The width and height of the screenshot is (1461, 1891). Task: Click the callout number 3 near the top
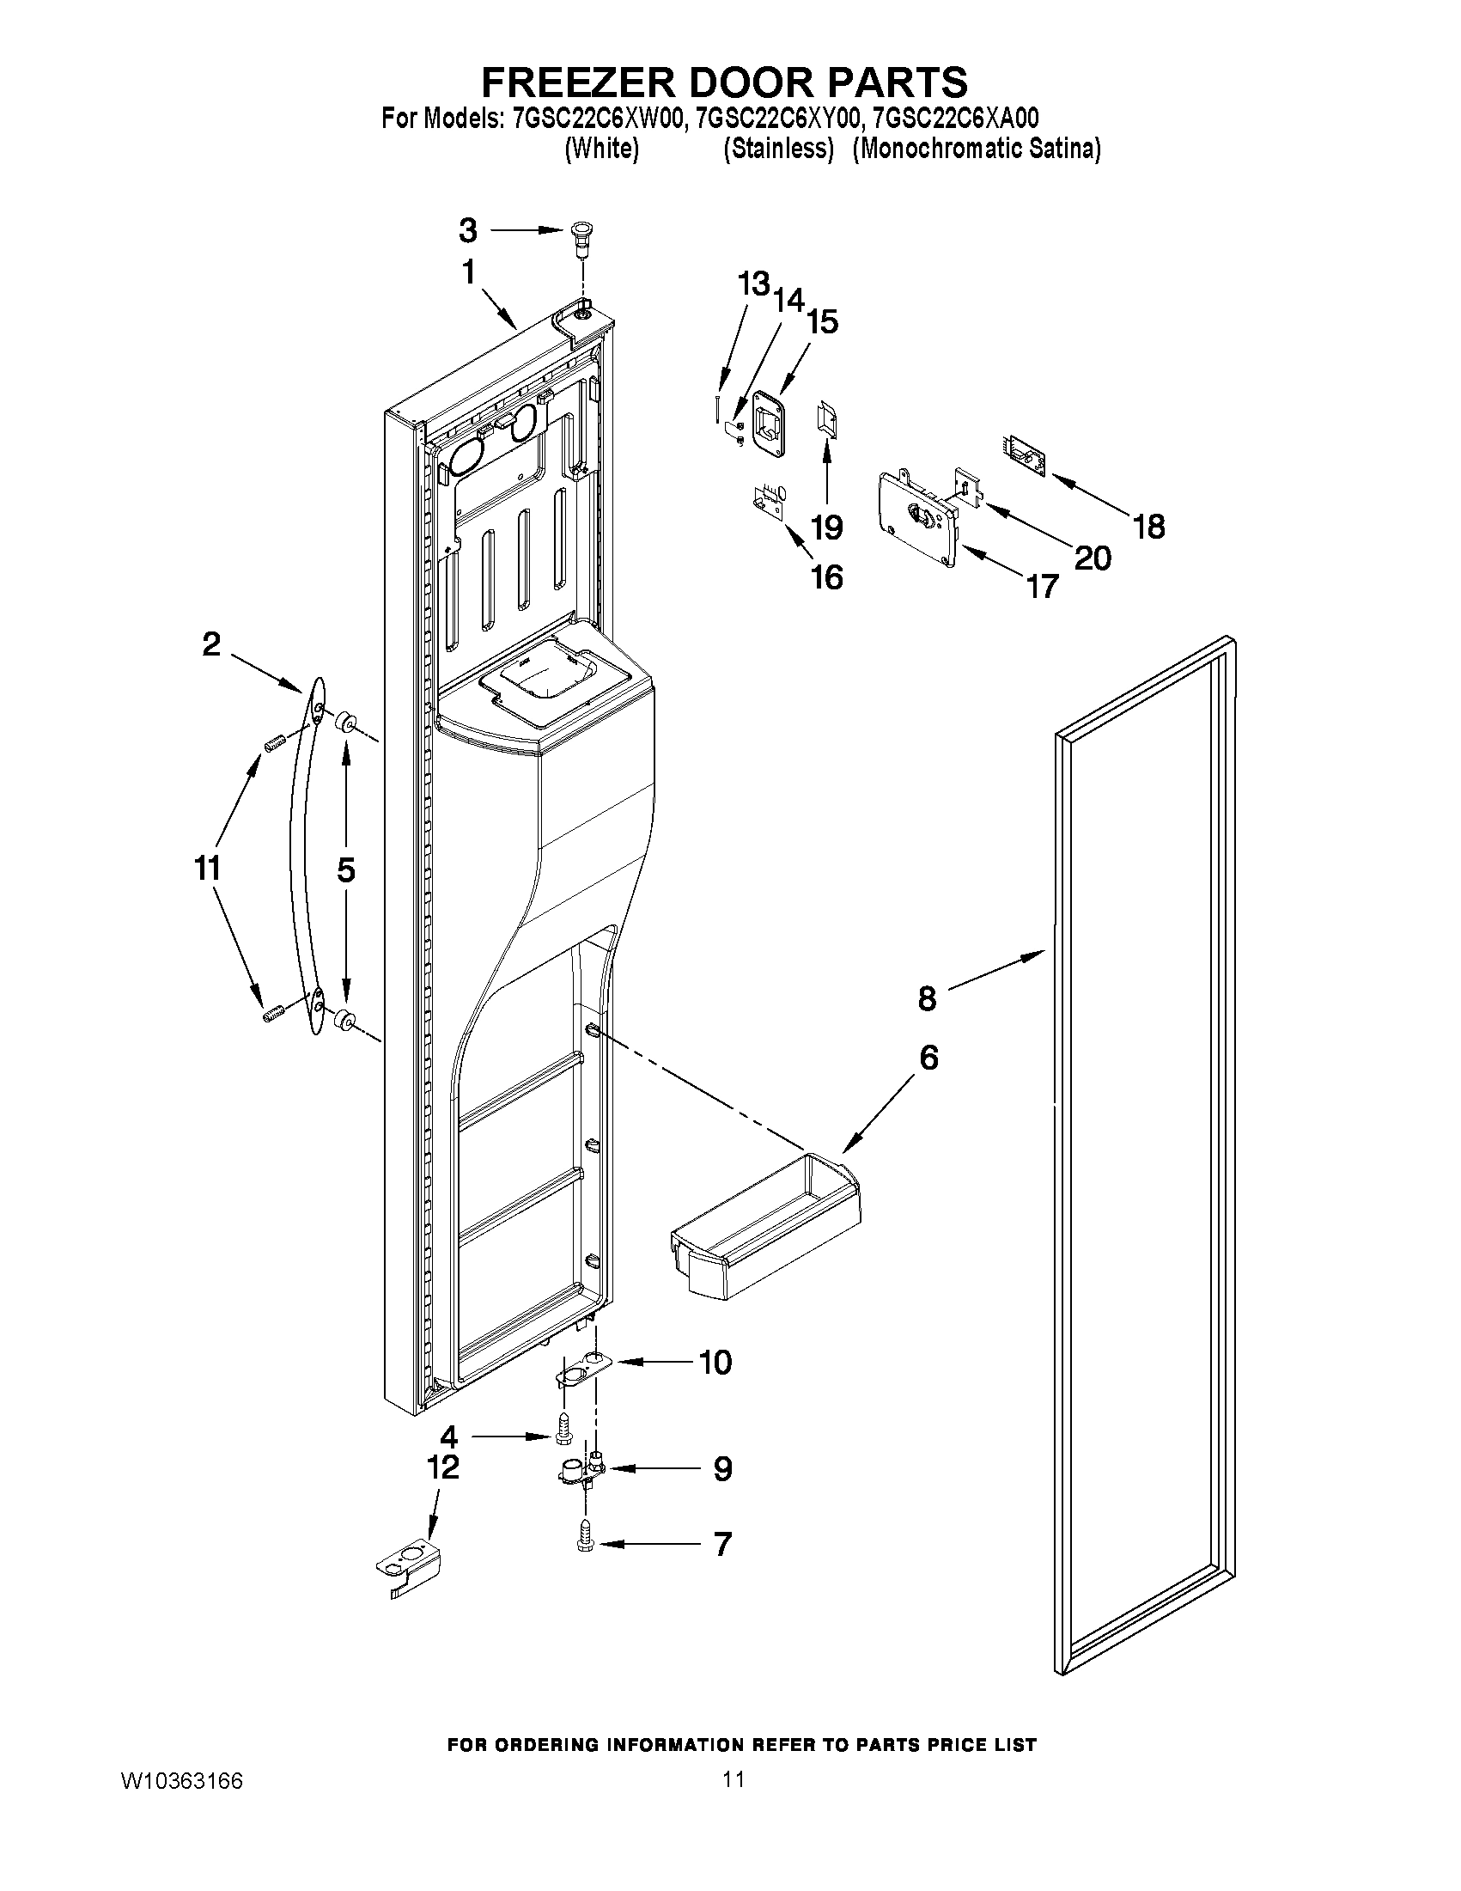(467, 230)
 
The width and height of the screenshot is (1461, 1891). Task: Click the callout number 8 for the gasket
(927, 998)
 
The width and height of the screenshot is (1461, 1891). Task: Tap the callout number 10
(715, 1362)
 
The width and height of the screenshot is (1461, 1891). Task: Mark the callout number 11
(207, 868)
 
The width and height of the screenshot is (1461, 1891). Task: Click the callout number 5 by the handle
(346, 870)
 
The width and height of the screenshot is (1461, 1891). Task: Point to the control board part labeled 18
(1026, 456)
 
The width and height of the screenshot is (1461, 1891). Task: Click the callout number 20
(1093, 558)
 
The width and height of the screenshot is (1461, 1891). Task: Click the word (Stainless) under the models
(778, 149)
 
